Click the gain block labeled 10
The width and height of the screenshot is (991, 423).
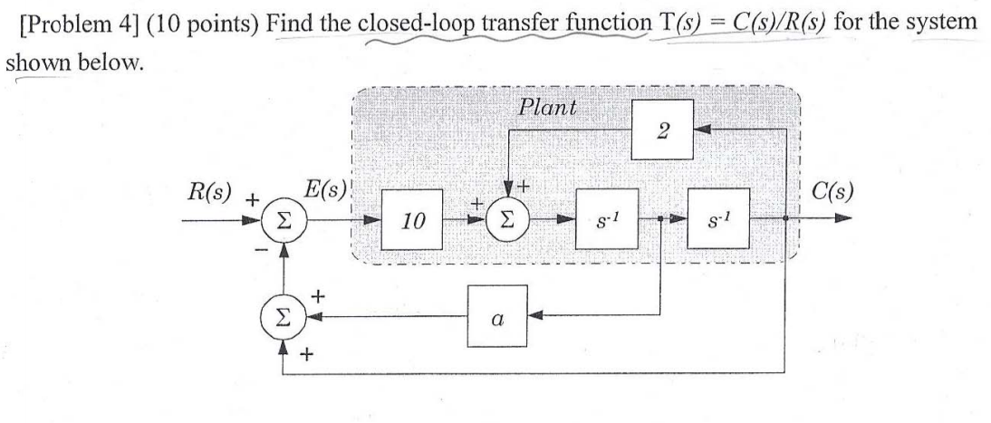coord(412,220)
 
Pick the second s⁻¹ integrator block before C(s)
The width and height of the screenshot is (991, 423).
coord(718,220)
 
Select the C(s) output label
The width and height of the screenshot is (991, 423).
coord(833,192)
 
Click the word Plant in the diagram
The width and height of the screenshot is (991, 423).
coord(548,107)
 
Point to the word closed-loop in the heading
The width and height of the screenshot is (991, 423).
coord(407,21)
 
